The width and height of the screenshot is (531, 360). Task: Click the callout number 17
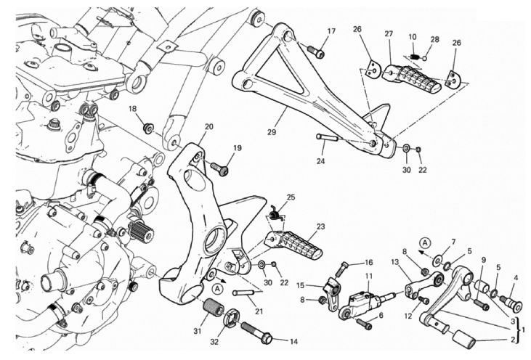point(331,31)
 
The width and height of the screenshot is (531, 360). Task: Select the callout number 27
point(389,34)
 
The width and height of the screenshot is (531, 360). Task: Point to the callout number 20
point(208,126)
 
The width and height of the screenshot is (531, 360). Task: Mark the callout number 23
point(320,226)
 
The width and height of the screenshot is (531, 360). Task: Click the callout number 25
point(291,197)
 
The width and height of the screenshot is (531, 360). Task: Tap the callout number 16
point(368,263)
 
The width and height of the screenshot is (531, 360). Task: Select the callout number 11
point(369,277)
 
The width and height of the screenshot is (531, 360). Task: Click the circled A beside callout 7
point(427,241)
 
